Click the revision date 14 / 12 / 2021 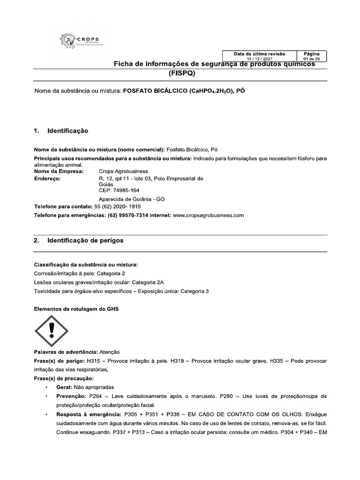tap(259, 59)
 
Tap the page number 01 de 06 tap(312, 59)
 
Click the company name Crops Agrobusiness tap(123, 171)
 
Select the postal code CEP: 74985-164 tap(119, 190)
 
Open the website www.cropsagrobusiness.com tap(209, 215)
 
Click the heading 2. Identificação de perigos tap(79, 240)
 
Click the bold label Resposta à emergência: tap(87, 415)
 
